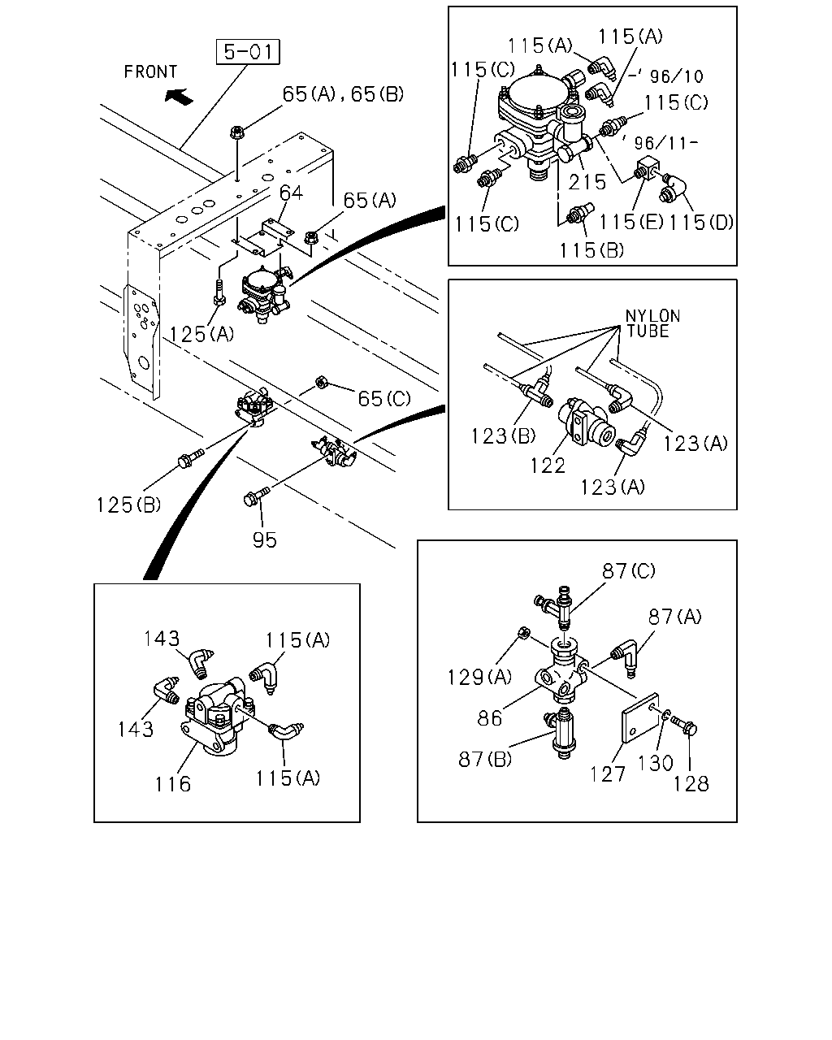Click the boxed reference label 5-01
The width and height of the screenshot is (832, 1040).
248,51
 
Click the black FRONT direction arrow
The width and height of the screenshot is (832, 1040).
179,96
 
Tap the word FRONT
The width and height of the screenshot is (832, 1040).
150,72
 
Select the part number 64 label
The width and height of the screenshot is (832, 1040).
291,193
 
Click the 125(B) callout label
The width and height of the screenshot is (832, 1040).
128,505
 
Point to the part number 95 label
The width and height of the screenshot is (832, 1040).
264,539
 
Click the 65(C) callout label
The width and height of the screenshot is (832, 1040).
383,399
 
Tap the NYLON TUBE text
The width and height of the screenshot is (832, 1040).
652,324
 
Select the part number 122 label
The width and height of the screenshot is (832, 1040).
548,466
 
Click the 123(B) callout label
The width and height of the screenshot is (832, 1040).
503,436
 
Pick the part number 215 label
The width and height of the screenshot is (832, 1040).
587,182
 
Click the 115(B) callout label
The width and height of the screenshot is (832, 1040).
591,250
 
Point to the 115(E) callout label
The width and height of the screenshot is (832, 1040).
631,223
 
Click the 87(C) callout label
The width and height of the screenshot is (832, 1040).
629,571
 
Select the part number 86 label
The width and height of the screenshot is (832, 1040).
489,718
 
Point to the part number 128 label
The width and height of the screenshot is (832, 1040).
691,784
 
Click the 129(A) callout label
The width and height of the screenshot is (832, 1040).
479,677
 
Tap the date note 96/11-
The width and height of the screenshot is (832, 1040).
666,143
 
